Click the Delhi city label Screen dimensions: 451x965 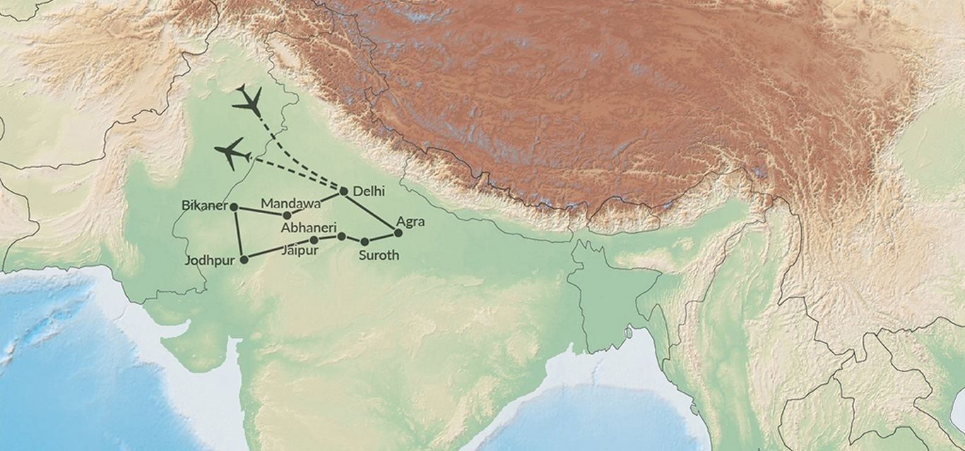point(368,191)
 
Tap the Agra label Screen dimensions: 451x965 point(410,222)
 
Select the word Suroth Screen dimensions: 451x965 point(379,255)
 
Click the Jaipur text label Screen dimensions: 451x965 point(300,251)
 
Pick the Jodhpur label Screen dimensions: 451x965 point(209,260)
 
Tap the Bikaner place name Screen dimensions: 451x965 point(204,206)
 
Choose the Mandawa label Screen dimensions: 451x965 point(290,203)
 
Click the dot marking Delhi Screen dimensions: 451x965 point(344,191)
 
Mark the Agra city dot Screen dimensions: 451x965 point(398,232)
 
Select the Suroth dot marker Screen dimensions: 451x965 point(365,241)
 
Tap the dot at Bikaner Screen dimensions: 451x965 point(234,207)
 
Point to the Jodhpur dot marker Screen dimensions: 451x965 point(244,259)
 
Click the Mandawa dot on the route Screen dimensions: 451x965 point(287,215)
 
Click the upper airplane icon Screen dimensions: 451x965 point(248,100)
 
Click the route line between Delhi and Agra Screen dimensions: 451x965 point(371,212)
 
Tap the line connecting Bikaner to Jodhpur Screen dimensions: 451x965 point(239,233)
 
